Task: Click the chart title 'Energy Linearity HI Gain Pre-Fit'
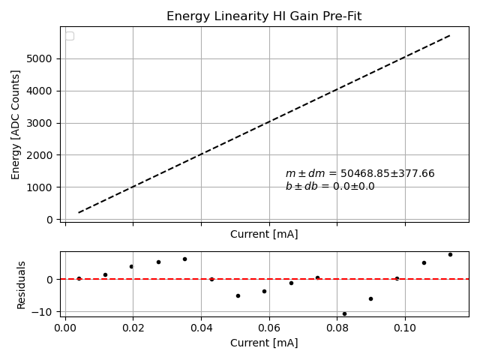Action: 264,16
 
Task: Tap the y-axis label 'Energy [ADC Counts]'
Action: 16,124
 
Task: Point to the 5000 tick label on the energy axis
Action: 43,58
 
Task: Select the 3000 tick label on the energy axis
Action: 43,123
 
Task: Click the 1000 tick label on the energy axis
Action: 43,187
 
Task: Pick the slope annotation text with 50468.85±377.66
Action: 360,174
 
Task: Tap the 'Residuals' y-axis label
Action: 22,285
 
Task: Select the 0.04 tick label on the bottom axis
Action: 201,328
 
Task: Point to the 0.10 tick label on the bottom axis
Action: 405,328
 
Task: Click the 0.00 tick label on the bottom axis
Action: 65,328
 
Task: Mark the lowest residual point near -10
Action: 344,313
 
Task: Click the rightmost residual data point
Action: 450,254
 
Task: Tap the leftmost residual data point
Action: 79,278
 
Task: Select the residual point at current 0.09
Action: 370,298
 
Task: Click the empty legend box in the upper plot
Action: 70,36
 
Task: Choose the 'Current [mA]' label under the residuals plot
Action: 264,343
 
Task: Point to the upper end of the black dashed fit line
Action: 450,35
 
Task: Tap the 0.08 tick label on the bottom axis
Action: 337,328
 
